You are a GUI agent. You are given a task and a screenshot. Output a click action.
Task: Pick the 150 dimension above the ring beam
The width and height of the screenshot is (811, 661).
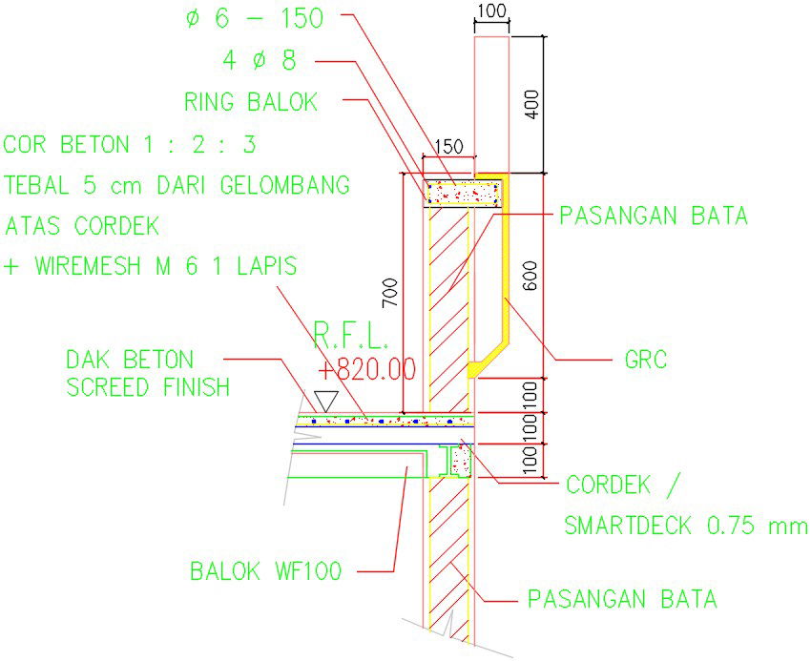coord(447,147)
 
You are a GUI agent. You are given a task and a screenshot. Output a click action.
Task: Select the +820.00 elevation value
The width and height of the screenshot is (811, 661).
coord(368,369)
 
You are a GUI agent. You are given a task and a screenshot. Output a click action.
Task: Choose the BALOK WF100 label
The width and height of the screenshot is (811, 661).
coord(265,572)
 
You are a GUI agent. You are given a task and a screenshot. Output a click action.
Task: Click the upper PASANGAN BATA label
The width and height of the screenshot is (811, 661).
coord(653,216)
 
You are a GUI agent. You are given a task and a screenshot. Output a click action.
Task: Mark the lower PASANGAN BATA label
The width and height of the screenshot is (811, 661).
coord(621,600)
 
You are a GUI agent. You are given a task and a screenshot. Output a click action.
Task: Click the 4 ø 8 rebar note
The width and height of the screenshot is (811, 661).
coord(259,61)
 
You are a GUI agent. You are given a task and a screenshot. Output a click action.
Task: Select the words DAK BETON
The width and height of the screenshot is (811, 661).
coord(129,360)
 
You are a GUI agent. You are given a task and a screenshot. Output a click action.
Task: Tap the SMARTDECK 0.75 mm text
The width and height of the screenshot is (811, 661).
coord(685,526)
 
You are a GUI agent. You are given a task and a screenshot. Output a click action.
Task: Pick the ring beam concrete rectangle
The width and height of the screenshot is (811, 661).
coord(464,194)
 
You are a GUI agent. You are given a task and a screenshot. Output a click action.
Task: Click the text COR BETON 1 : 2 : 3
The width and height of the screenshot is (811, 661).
coord(130,145)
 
